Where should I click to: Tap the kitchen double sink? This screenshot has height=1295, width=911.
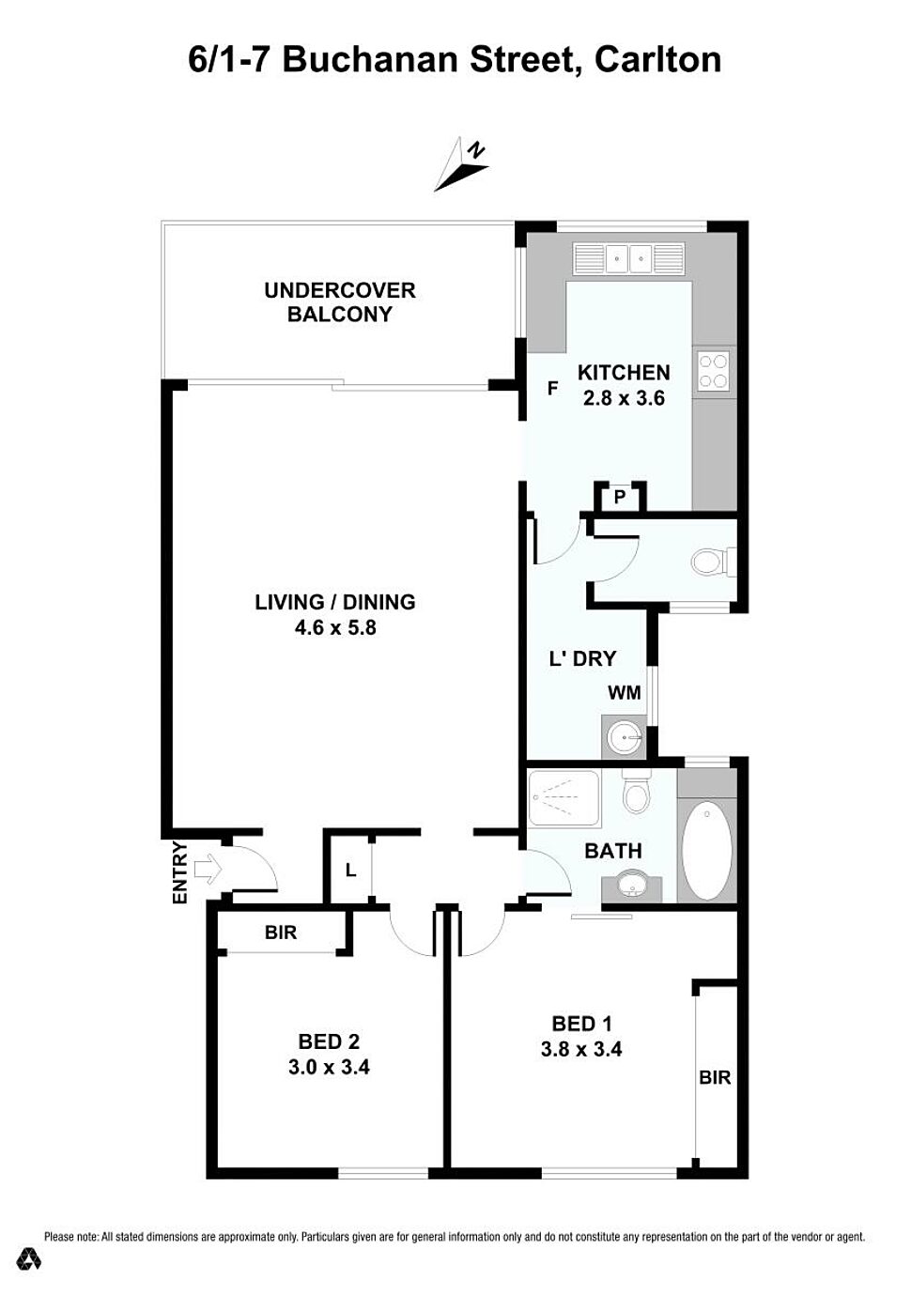629,257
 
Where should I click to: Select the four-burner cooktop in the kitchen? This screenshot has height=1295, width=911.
715,370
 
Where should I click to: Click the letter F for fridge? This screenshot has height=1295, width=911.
553,388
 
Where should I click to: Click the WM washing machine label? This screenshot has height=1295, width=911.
625,693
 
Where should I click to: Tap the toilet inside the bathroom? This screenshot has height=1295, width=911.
636,794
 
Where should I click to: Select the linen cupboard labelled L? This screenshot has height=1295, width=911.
350,871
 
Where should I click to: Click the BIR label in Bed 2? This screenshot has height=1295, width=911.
281,933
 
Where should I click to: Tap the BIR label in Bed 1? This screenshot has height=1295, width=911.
715,1077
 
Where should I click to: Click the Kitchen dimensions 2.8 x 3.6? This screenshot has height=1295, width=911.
624,398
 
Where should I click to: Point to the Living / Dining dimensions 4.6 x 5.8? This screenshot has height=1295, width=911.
335,627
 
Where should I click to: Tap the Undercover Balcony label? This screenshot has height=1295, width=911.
339,301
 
